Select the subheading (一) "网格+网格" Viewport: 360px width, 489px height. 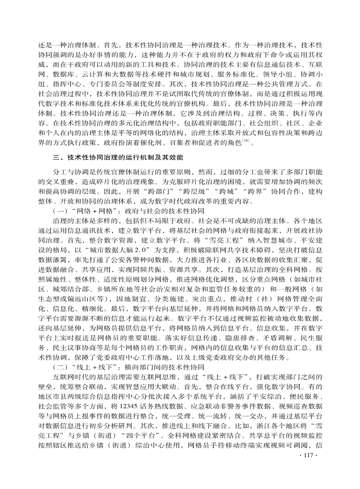[x=129, y=211]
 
